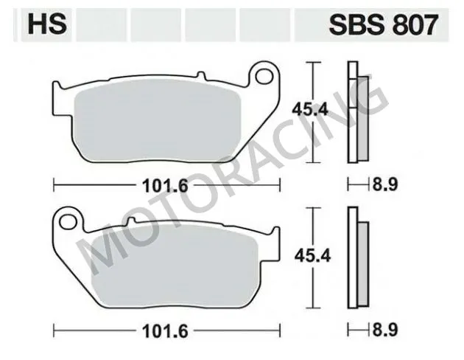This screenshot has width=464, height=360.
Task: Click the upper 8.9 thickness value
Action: pyautogui.click(x=384, y=184)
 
